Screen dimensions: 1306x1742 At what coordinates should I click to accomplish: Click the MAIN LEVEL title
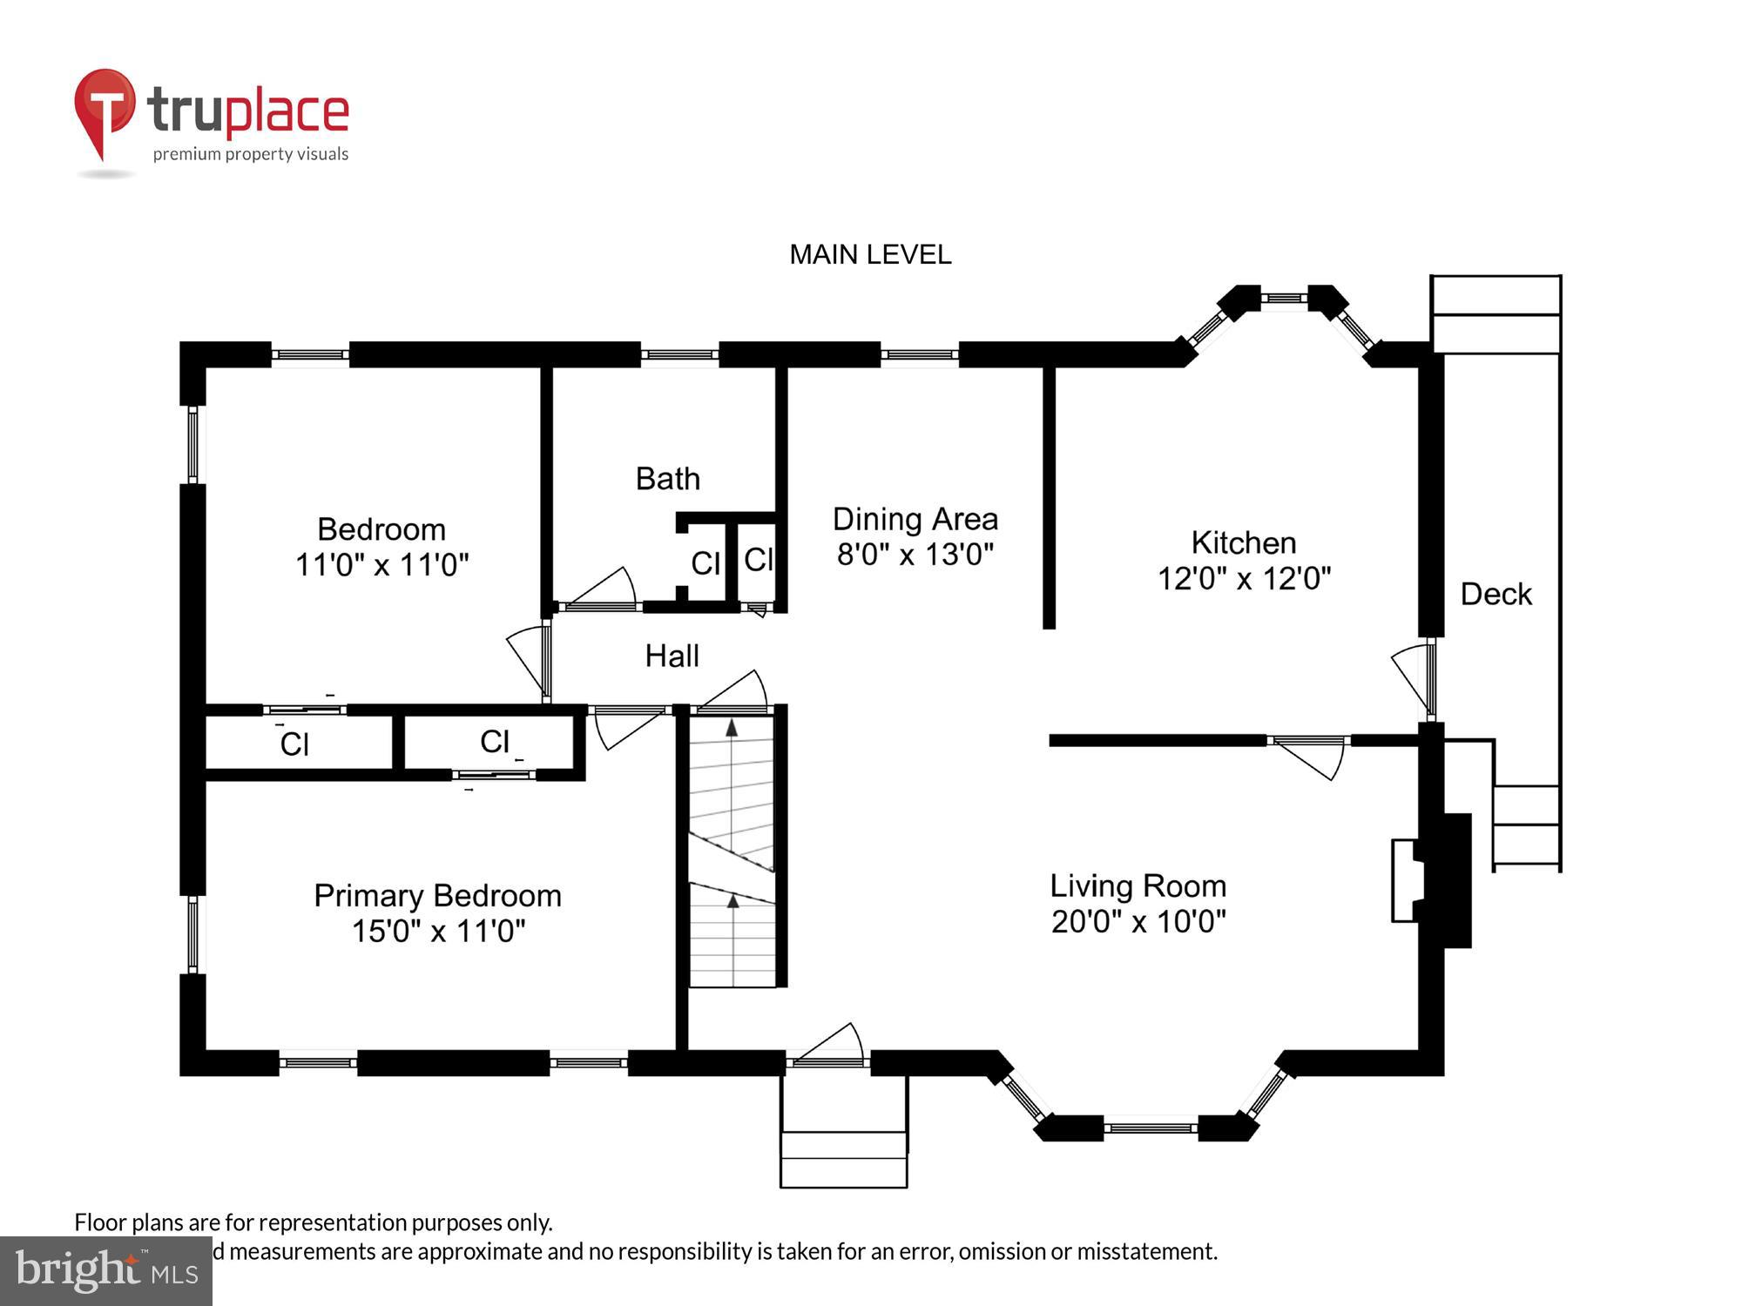(869, 254)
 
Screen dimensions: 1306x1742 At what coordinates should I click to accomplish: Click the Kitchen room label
(1243, 542)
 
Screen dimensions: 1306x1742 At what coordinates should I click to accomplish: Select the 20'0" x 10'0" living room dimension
(1138, 921)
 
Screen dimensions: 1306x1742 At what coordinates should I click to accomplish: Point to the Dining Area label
(915, 519)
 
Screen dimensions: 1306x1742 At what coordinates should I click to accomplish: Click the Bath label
(667, 479)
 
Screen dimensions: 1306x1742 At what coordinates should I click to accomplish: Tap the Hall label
(672, 656)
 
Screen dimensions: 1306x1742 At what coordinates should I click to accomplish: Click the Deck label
(1495, 594)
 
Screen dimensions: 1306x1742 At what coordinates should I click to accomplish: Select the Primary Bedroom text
(437, 895)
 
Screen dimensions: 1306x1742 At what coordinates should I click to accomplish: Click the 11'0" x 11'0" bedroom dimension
(381, 565)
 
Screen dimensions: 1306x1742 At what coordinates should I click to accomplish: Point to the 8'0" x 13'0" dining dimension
(915, 555)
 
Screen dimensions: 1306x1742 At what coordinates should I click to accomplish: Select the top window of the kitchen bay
(1284, 298)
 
